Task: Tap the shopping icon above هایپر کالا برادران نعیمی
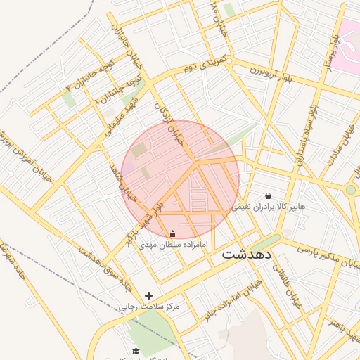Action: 268,195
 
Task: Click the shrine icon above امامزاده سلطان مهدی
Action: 173,233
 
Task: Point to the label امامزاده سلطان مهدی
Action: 171,245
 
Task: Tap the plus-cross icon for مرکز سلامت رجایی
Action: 148,296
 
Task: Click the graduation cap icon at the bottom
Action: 136,351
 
